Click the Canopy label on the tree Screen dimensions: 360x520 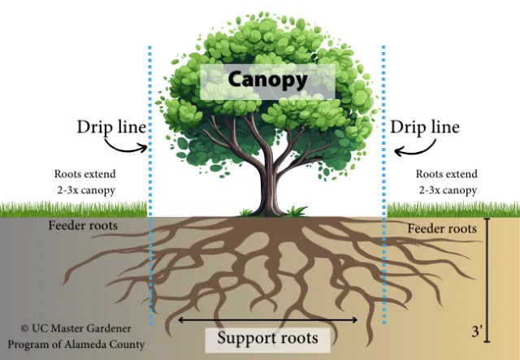click(267, 80)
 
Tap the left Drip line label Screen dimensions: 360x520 click(111, 128)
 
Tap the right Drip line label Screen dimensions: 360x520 click(425, 128)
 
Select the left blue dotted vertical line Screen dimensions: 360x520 click(150, 187)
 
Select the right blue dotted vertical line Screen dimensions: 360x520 click(383, 187)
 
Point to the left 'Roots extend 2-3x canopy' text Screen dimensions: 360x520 click(84, 181)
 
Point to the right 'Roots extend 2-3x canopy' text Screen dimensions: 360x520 click(446, 181)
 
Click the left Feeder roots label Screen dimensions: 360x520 click(83, 225)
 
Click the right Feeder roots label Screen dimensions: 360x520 click(441, 229)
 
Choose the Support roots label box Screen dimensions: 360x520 click(267, 337)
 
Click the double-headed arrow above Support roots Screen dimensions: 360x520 click(267, 319)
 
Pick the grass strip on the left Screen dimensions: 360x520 click(73, 210)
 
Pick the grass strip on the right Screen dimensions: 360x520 click(451, 210)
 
